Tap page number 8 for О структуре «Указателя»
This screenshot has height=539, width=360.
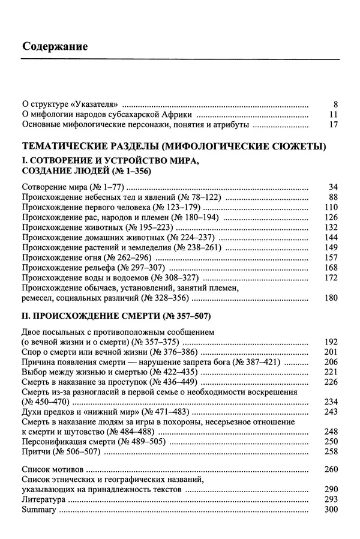[335, 104]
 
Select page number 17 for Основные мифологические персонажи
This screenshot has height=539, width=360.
[334, 125]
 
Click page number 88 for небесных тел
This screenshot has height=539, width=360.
[334, 197]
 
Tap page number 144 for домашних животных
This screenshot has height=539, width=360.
[331, 237]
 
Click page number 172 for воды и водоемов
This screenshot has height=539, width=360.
[331, 278]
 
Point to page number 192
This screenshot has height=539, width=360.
[331, 341]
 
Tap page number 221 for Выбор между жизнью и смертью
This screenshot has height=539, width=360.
[331, 372]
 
